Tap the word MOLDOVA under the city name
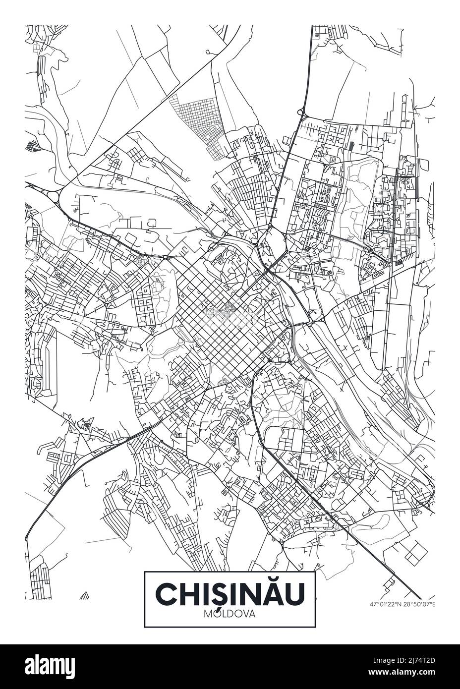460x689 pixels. pyautogui.click(x=230, y=614)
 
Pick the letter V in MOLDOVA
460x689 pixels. pyautogui.click(x=245, y=614)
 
